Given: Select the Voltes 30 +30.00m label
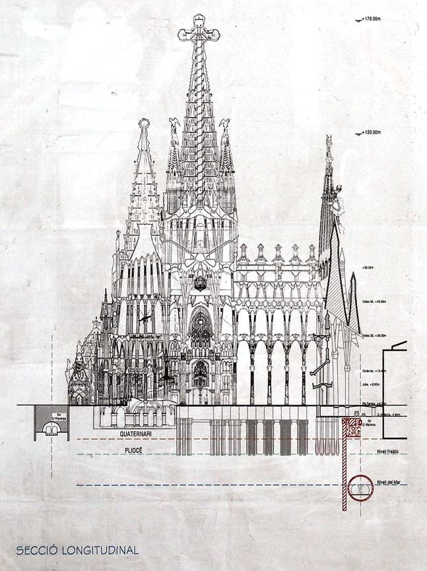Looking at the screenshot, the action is pos(374,336).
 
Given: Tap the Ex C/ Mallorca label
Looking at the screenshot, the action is pos(370,420).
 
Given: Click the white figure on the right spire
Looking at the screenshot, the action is pos(337,199).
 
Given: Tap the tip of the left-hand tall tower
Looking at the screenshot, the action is pos(143,122).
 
